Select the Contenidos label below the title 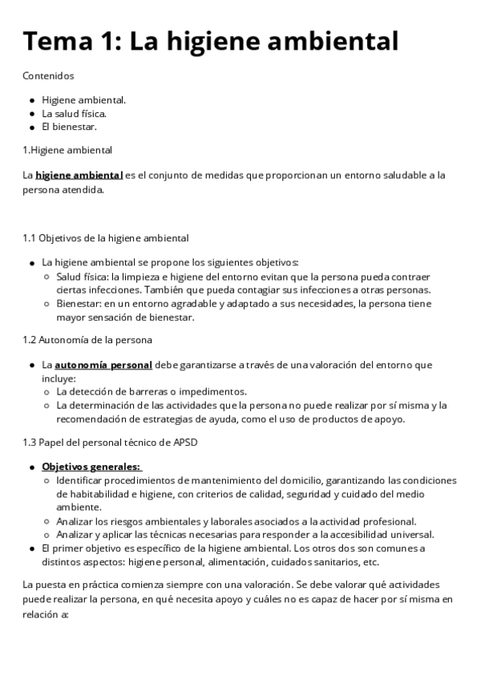click(x=48, y=76)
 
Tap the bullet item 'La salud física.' click(x=74, y=113)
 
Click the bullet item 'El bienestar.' click(x=69, y=126)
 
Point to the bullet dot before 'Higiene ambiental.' click(x=31, y=100)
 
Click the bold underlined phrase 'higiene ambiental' click(x=79, y=174)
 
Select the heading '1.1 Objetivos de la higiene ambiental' click(x=106, y=238)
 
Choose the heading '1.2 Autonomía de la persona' click(x=88, y=340)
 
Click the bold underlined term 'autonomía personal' click(x=103, y=365)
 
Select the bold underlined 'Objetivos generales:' click(x=91, y=467)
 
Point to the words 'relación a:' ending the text click(x=47, y=614)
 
